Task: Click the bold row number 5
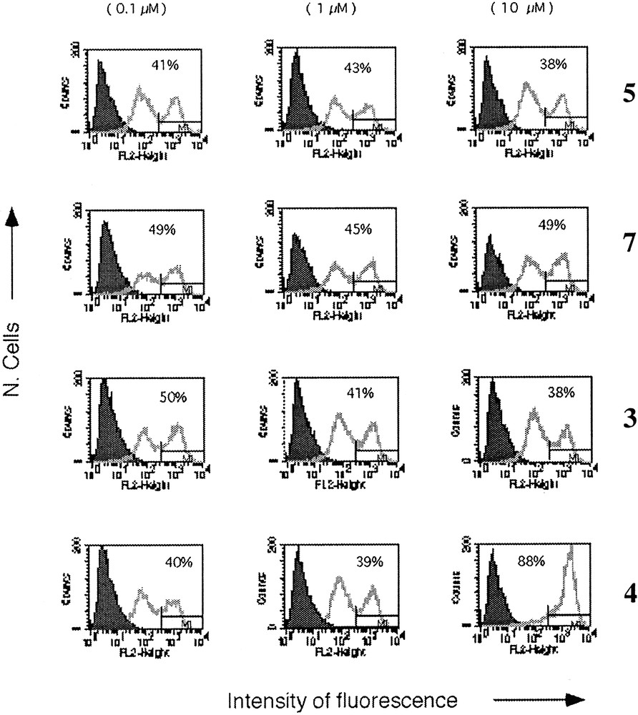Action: (x=627, y=94)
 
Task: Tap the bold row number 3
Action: (x=627, y=420)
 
